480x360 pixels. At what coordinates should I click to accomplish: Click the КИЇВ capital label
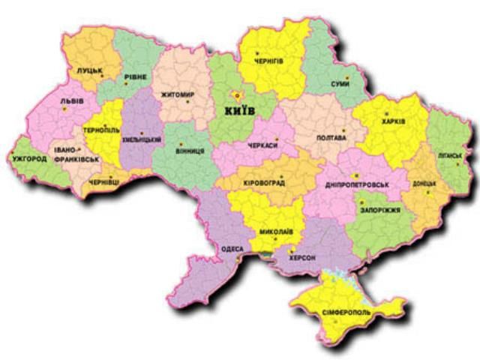[x=240, y=111]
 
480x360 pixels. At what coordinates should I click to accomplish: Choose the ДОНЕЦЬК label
[x=424, y=184]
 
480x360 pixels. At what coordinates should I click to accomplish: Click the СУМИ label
[x=340, y=84]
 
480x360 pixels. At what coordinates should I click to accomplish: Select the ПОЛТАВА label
[x=331, y=139]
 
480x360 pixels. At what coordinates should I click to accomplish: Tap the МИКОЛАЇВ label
[x=276, y=232]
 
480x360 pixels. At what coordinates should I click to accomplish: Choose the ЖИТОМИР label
[x=178, y=95]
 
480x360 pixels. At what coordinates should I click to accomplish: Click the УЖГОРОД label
[x=29, y=159]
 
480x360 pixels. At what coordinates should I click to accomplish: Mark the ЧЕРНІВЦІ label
[x=103, y=181]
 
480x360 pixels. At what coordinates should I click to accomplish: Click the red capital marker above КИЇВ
[x=236, y=95]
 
